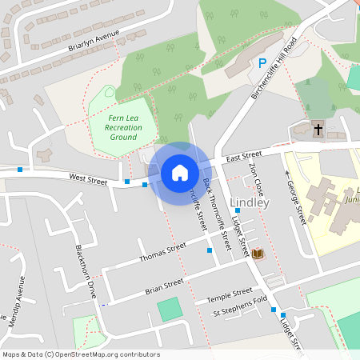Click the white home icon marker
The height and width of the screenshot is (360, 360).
pos(180,173)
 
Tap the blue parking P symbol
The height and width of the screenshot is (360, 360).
pos(262,63)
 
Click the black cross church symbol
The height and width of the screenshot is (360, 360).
pos(317,128)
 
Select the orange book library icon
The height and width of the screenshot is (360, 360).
pos(258,254)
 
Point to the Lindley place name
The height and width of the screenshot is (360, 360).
pos(250,202)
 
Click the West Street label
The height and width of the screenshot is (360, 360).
pos(88,180)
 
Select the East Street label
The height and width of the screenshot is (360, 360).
pos(243,154)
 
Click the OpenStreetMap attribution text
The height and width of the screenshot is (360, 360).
pos(81,354)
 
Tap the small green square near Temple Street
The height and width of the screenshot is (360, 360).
pos(170,310)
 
